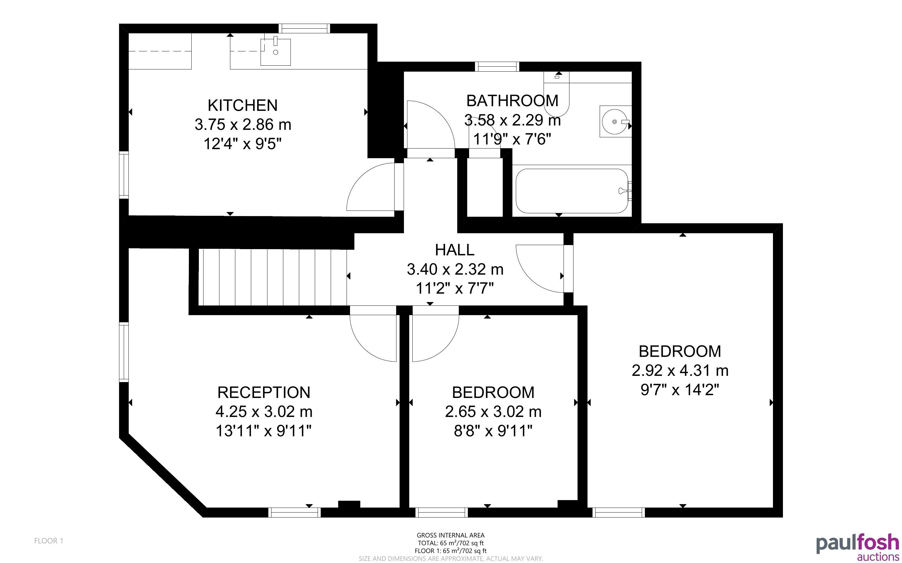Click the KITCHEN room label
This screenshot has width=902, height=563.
pos(242,105)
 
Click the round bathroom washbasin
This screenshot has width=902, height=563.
pos(615,121)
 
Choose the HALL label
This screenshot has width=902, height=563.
pos(454,250)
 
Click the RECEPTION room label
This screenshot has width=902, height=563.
pos(264,392)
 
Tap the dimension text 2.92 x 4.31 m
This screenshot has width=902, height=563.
pos(680,371)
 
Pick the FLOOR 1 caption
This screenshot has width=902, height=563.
pos(49,541)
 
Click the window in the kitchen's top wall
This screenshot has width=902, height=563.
pos(305,29)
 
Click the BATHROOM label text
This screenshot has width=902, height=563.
pos(512,101)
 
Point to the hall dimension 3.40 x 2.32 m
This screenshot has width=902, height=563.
pos(455,269)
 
